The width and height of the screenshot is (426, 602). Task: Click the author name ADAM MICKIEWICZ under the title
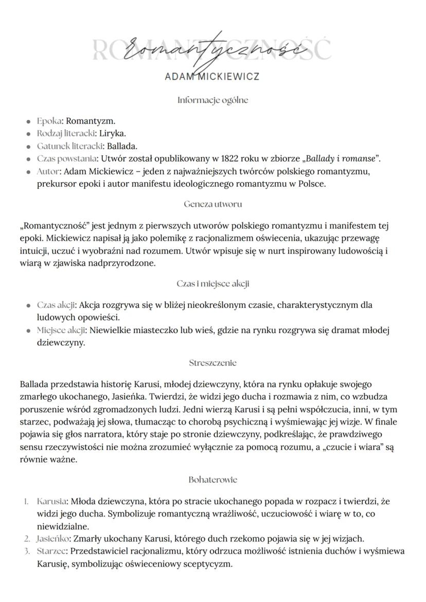212,77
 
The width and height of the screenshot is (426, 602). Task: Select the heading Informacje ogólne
212,100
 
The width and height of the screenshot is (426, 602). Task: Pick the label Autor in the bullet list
48,170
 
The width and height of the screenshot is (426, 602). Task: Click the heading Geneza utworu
213,204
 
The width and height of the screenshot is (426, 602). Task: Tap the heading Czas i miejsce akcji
213,284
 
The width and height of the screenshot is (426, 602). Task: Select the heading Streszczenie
213,363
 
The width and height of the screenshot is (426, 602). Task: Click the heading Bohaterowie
213,480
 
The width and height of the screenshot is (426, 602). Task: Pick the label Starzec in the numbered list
51,551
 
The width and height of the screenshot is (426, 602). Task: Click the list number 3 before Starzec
27,551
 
